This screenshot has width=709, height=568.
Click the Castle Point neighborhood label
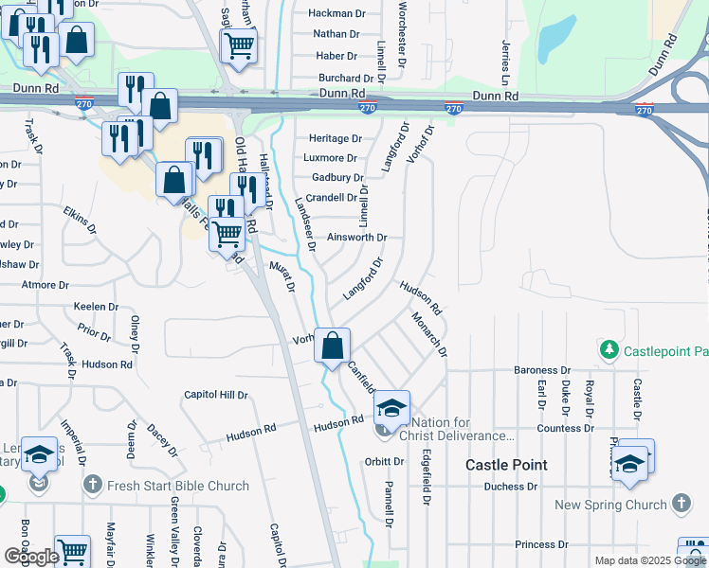(507, 465)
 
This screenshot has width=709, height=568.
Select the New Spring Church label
(610, 505)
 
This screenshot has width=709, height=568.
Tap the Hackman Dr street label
(337, 13)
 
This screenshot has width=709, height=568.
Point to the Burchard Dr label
(345, 79)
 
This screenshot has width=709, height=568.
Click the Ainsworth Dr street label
(356, 238)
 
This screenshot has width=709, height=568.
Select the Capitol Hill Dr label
(215, 395)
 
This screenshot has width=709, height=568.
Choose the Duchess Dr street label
(510, 487)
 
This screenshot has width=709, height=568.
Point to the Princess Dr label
(541, 544)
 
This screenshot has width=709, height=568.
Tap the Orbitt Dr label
(384, 462)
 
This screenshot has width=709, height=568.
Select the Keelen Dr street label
(96, 307)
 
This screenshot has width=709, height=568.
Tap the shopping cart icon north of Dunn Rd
(239, 43)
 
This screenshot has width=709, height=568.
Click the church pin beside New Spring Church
(682, 504)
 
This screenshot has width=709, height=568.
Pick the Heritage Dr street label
(329, 138)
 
